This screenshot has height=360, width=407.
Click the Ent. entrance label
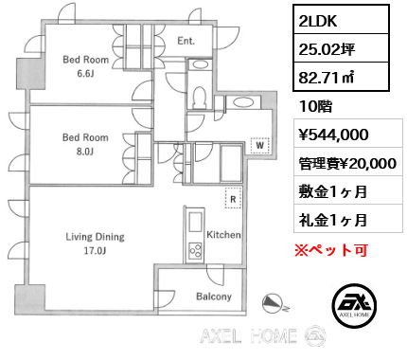click(x=186, y=41)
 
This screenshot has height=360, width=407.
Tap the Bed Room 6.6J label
click(x=85, y=66)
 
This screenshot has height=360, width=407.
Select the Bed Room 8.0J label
click(x=85, y=144)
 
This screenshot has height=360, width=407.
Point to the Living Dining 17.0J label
click(x=95, y=243)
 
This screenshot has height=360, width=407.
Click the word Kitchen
click(x=223, y=235)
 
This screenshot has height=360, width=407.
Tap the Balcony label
click(x=214, y=297)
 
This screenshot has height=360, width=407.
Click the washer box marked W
click(x=259, y=145)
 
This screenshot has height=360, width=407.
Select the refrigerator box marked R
click(x=233, y=198)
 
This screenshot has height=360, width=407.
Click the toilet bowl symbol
click(x=199, y=97)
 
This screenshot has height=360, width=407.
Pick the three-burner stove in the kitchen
click(x=196, y=250)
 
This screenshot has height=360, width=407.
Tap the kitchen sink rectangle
click(x=196, y=222)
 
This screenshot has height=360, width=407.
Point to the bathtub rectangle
click(x=231, y=163)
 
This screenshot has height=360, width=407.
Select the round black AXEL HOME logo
click(x=354, y=305)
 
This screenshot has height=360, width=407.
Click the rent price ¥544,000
click(x=333, y=135)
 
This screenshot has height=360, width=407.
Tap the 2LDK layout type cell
click(x=341, y=20)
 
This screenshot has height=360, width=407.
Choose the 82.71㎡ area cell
click(x=341, y=77)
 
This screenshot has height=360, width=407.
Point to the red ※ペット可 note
click(x=330, y=250)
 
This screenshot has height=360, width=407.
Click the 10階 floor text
click(x=315, y=106)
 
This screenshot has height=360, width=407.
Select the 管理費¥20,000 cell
click(x=348, y=163)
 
